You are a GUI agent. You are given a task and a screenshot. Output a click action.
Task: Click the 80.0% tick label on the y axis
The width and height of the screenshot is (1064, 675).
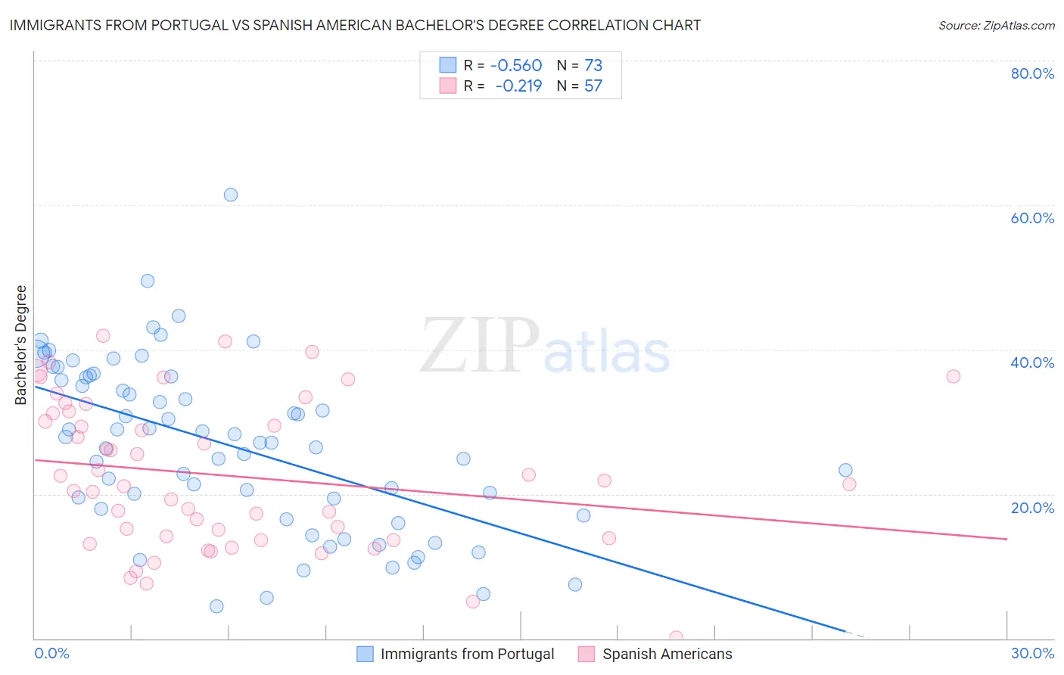pos(1032,73)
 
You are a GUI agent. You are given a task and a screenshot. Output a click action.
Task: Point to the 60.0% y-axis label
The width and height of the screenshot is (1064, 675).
pos(1032,218)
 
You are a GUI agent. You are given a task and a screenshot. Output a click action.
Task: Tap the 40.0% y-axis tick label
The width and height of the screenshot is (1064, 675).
pos(1032,362)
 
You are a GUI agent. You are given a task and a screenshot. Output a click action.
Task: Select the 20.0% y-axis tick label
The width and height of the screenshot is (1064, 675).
pos(1032,507)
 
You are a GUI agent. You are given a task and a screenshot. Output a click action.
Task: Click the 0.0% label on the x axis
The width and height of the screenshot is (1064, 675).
pos(51,653)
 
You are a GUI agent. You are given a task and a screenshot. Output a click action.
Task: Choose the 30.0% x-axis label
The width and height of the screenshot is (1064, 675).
pos(1032,653)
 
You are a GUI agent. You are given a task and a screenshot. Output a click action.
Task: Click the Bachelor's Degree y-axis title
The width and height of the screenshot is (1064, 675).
pos(21,345)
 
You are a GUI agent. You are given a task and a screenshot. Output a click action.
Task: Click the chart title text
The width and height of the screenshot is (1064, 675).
pos(355,25)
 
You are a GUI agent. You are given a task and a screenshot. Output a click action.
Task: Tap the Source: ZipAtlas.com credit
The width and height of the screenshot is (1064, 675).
pos(996,26)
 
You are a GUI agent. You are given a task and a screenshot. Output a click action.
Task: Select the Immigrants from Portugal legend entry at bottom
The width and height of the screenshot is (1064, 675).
pos(467,654)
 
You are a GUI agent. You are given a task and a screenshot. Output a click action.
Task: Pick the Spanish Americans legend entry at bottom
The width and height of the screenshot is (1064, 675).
pos(667,654)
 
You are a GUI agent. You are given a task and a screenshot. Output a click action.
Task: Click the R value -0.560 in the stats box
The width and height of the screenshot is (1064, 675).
pos(516,66)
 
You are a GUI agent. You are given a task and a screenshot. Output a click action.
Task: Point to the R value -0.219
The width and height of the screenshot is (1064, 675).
pos(518,86)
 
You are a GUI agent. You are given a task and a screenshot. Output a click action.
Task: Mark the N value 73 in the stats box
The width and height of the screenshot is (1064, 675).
pos(593,66)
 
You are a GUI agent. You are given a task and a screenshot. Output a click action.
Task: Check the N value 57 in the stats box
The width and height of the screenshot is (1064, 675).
pos(593,86)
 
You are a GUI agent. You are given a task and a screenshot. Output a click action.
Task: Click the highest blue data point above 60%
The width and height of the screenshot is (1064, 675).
pos(231,194)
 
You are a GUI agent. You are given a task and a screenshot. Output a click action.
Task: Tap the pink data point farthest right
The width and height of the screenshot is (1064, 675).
pos(954,376)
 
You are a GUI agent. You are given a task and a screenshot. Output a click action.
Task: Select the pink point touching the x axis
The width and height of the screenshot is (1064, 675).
pos(676,637)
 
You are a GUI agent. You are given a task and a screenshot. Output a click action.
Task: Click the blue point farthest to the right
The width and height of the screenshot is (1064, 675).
pos(845,470)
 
